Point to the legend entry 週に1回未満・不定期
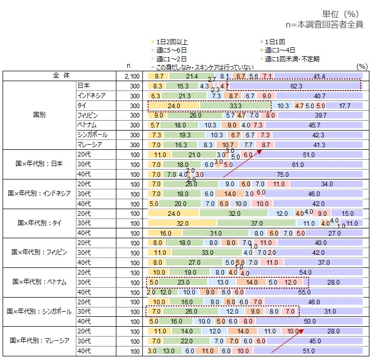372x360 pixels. coord(290,59)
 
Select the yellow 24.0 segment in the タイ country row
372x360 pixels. coord(174,106)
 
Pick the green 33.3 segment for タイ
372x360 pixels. coord(235,106)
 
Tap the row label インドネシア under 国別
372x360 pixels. coord(93,96)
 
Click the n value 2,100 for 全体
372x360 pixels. coord(133,76)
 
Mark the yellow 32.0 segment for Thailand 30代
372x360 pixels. coord(182,223)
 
